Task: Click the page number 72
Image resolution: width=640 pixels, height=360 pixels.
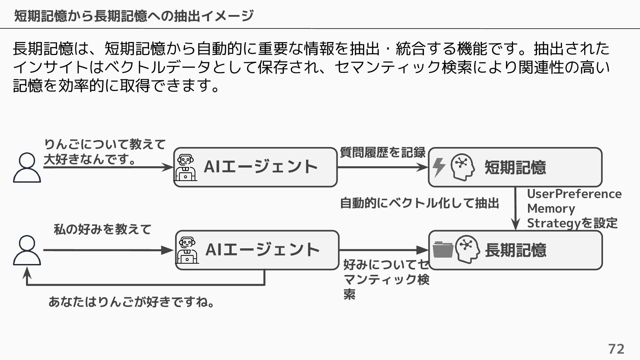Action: (x=616, y=349)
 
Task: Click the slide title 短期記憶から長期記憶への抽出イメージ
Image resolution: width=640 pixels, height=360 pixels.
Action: (x=134, y=16)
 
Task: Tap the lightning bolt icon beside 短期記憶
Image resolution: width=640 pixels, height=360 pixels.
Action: (x=439, y=167)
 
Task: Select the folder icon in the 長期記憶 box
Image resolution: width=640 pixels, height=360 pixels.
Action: (x=443, y=250)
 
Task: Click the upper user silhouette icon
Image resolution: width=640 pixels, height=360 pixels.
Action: (x=27, y=168)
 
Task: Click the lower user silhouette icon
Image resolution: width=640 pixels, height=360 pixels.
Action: (x=27, y=250)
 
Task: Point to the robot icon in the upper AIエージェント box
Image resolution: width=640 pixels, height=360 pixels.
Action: (x=185, y=167)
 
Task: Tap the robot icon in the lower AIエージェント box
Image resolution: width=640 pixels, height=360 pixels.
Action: (x=187, y=250)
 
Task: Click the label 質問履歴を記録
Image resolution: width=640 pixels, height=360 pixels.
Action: (x=382, y=153)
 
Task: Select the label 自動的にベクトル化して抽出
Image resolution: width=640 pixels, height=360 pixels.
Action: (x=419, y=203)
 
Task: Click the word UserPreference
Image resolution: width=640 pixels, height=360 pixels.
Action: (x=574, y=194)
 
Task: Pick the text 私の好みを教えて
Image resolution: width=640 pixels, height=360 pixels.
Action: (x=103, y=229)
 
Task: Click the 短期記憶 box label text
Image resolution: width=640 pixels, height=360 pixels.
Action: (x=515, y=167)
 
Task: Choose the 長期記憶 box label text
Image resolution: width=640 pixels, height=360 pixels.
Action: (x=515, y=250)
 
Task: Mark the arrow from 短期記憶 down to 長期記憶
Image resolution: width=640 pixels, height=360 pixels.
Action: (x=515, y=208)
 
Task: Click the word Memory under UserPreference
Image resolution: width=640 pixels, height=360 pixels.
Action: (x=551, y=209)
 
